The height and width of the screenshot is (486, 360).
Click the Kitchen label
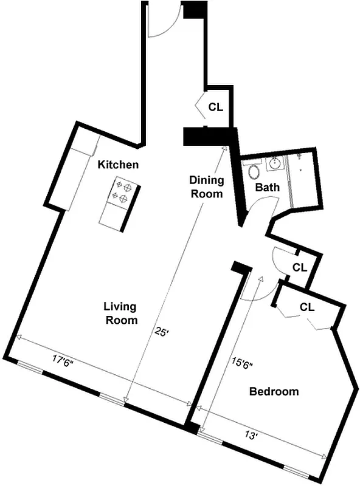(x=119, y=165)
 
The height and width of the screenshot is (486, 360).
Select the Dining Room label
(x=206, y=187)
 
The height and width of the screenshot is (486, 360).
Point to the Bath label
(x=267, y=187)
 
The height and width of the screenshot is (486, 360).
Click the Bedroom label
(x=274, y=392)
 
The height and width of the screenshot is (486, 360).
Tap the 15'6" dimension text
(x=241, y=364)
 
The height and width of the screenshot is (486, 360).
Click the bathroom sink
(x=275, y=163)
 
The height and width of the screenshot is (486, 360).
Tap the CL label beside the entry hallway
(x=215, y=108)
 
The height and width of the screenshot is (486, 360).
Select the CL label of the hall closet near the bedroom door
(x=299, y=267)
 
